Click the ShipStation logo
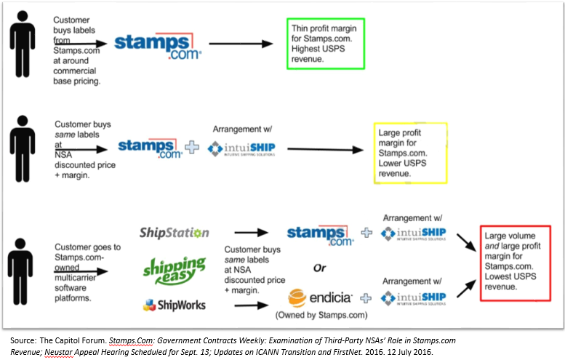pyautogui.click(x=174, y=233)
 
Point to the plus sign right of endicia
pyautogui.click(x=367, y=297)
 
